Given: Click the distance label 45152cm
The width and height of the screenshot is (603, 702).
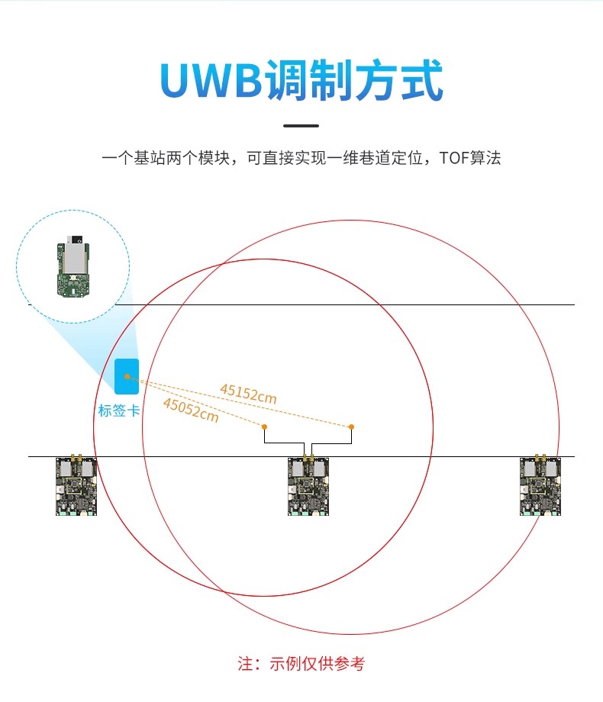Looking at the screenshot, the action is click(x=248, y=394).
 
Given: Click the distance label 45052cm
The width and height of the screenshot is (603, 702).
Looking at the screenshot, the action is click(x=191, y=410).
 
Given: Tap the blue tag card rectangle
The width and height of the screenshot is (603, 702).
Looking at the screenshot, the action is click(x=127, y=376).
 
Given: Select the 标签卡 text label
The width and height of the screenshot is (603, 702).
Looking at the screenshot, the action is click(x=119, y=411).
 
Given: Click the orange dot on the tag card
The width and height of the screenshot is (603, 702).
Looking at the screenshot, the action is click(x=127, y=376).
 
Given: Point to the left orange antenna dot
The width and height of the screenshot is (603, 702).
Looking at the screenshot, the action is click(x=264, y=427).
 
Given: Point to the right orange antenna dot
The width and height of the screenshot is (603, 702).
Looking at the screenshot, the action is click(x=351, y=427).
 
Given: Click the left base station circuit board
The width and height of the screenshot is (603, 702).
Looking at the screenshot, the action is click(x=76, y=485).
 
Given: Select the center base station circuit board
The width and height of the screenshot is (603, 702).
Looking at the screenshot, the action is click(x=308, y=485).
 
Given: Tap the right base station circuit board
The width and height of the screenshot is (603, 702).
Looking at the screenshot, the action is click(x=540, y=485).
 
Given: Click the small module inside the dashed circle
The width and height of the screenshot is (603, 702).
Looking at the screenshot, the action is click(x=73, y=266).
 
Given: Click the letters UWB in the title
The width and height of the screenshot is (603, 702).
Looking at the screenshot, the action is click(x=211, y=80).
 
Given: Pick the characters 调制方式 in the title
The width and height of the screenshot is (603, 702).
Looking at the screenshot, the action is click(x=354, y=80).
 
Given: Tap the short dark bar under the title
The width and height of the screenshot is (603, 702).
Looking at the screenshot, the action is click(x=301, y=126).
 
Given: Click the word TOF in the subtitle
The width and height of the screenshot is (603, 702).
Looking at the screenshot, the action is click(x=454, y=158).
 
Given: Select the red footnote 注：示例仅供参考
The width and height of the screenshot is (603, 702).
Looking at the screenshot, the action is click(x=301, y=664).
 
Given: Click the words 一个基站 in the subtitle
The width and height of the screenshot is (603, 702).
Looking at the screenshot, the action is click(x=134, y=158).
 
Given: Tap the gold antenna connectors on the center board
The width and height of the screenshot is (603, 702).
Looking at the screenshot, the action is click(x=308, y=458).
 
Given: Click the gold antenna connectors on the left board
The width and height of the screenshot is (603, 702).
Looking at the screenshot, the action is click(x=76, y=458).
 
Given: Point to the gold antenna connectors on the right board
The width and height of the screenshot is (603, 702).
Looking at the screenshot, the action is click(x=540, y=458).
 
